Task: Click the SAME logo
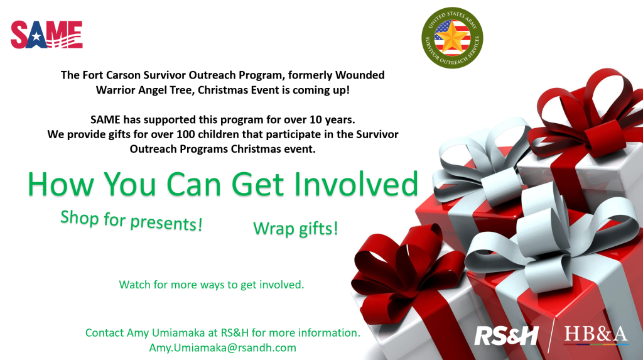click(x=46, y=35)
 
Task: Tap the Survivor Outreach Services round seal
click(x=452, y=37)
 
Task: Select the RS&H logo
click(x=506, y=336)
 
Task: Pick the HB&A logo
click(x=596, y=334)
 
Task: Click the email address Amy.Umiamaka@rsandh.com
click(x=222, y=347)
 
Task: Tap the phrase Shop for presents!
click(x=131, y=221)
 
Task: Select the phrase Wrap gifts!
click(x=296, y=229)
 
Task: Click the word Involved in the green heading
click(x=356, y=184)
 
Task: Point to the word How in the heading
click(x=61, y=184)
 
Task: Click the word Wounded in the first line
click(x=360, y=75)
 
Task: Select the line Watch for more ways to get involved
click(x=212, y=285)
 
